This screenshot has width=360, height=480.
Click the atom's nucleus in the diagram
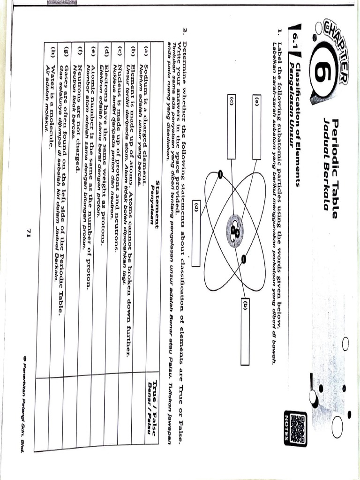click(x=235, y=230)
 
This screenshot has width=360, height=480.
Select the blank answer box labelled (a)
click(x=257, y=127)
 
